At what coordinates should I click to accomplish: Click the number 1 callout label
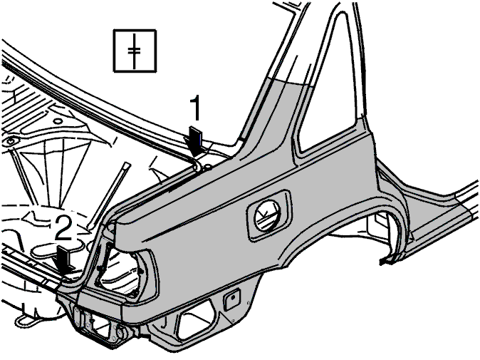coord(195,108)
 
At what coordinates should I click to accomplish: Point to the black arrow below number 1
coord(194,142)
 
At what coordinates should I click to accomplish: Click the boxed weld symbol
coord(135,51)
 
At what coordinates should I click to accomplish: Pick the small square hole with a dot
coord(231,298)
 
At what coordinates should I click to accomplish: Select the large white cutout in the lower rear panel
coord(197,319)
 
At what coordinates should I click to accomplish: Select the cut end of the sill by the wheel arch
coord(386,259)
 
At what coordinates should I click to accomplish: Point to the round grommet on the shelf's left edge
coord(11,142)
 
